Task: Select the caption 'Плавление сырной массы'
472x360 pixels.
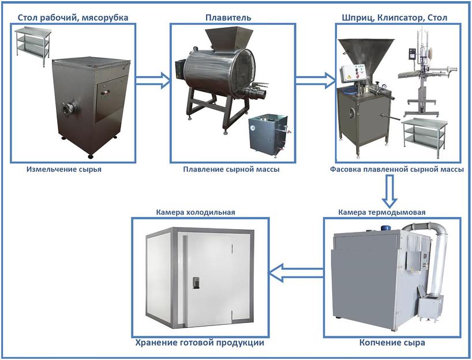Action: click(x=231, y=170)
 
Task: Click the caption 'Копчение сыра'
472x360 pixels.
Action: click(x=392, y=343)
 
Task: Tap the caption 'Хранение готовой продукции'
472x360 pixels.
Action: click(x=200, y=343)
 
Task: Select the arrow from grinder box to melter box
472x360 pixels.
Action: click(x=153, y=80)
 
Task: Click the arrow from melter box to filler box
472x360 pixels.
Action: click(x=315, y=80)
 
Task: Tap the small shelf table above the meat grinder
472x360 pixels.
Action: click(x=32, y=46)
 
